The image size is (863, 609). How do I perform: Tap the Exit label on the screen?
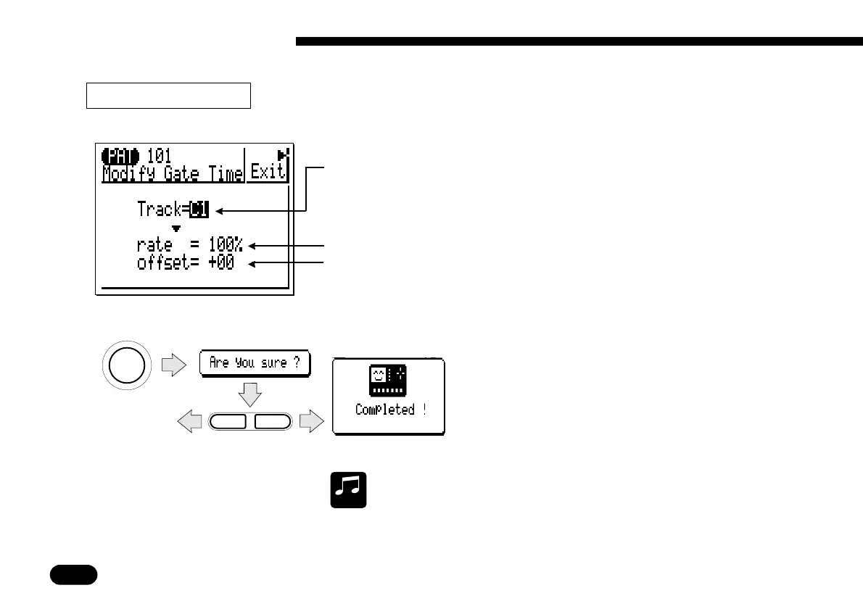click(x=268, y=173)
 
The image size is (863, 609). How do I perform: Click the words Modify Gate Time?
click(x=173, y=173)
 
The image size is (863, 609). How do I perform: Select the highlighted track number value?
click(x=199, y=210)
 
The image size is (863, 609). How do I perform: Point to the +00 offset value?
click(x=220, y=262)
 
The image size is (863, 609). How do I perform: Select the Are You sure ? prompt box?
click(x=255, y=363)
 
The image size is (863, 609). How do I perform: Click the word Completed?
click(x=385, y=410)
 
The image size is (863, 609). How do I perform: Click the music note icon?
click(x=349, y=490)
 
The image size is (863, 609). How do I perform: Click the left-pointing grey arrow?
click(x=190, y=421)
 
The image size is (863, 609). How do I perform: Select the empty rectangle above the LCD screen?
click(x=168, y=95)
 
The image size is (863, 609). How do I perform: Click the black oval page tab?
click(x=73, y=574)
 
